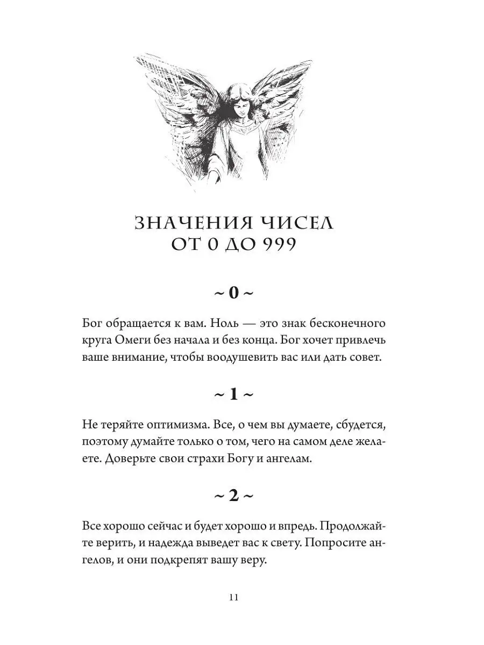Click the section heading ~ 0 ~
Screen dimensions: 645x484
(x=233, y=293)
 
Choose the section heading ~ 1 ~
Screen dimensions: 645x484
(x=233, y=395)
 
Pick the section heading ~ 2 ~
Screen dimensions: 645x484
(x=233, y=496)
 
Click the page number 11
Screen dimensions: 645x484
(x=233, y=598)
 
